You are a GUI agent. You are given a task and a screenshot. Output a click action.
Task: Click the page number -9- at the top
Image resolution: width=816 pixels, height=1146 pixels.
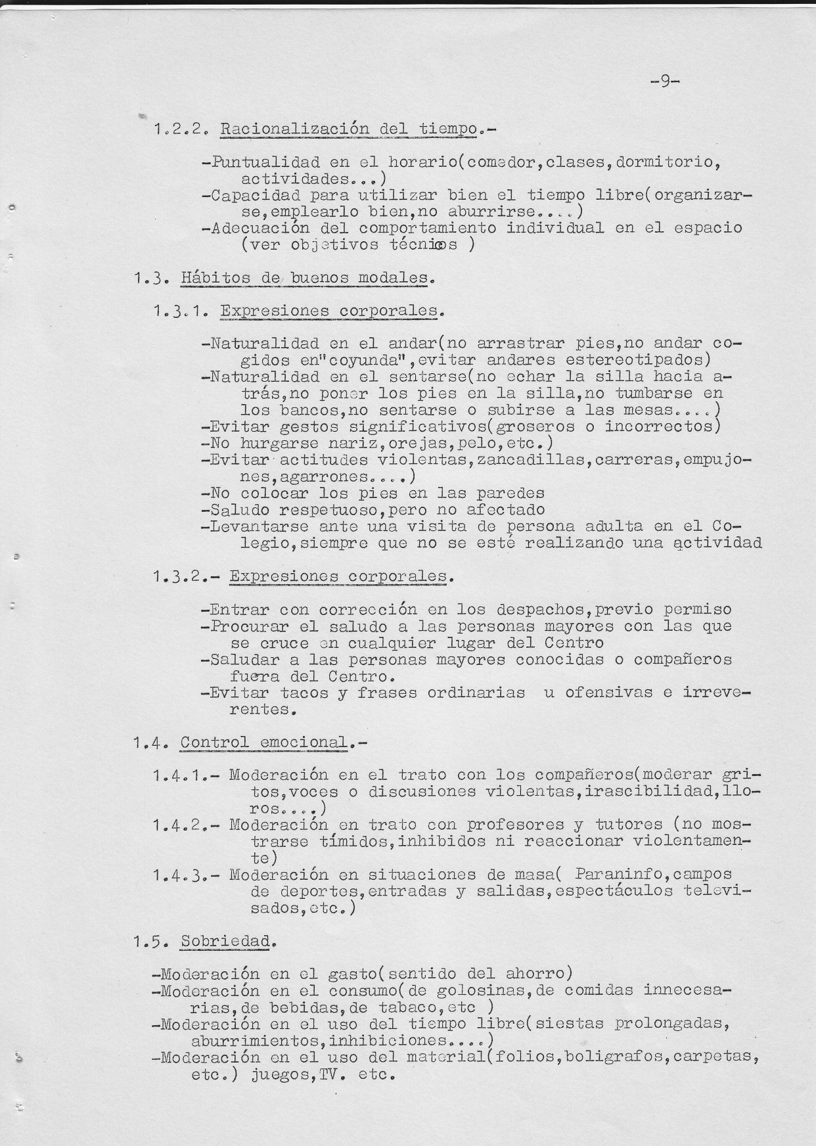[664, 81]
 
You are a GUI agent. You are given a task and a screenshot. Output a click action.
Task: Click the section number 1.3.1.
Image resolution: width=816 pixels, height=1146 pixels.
[179, 311]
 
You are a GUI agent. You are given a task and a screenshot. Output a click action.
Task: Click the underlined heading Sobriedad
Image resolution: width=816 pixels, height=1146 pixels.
[225, 942]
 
